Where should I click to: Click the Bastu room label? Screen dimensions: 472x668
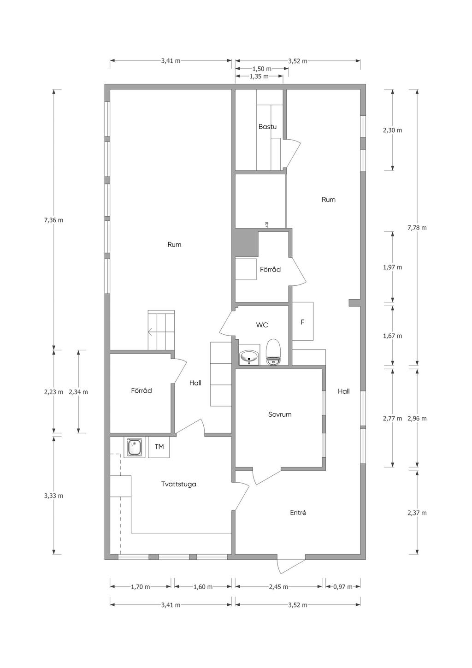267,126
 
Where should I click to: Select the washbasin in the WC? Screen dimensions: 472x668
249,357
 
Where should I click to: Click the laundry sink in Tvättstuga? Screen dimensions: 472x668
134,447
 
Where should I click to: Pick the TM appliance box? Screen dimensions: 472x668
159,447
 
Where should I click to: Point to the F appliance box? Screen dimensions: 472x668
303,321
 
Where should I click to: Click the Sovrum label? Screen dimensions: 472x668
280,414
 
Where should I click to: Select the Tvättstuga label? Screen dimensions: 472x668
178,484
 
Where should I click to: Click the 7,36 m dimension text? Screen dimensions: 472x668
53,220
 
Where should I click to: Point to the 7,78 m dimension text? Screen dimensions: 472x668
417,228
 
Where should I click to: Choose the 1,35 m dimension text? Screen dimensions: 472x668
259,77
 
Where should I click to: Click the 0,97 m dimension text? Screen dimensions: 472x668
342,586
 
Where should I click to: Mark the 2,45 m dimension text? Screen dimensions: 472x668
278,586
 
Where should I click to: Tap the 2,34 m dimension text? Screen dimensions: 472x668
78,392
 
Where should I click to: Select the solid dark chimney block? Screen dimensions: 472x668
246,243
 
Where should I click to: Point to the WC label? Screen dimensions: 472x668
262,325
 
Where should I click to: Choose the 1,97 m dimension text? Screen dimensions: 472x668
392,267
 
